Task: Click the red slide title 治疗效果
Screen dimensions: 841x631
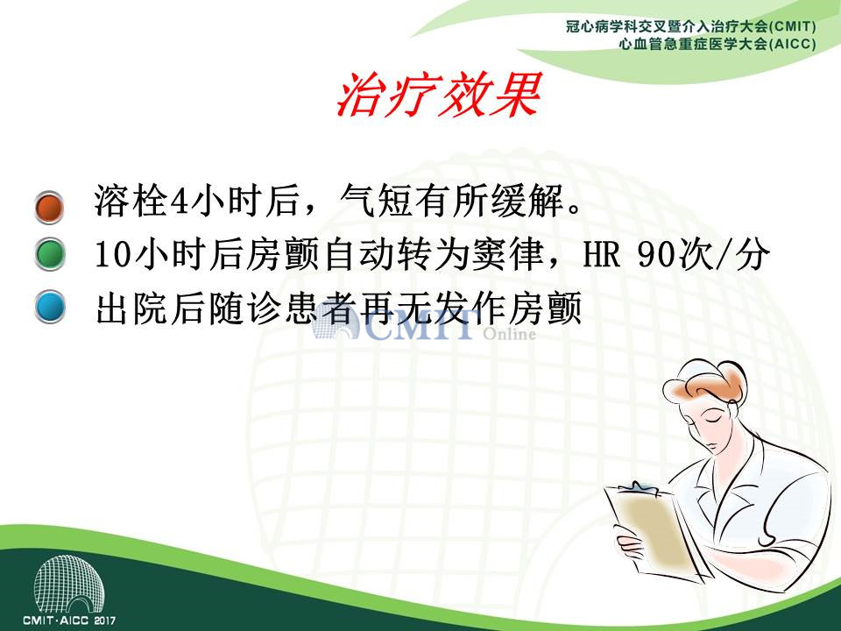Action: pyautogui.click(x=438, y=95)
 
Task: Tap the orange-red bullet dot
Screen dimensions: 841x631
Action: pyautogui.click(x=49, y=207)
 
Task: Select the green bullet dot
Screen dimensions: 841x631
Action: pyautogui.click(x=50, y=254)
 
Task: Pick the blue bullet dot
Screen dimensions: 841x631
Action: pyautogui.click(x=50, y=307)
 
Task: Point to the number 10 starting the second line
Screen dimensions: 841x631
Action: pyautogui.click(x=113, y=255)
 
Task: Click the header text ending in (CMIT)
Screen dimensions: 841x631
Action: pyautogui.click(x=691, y=26)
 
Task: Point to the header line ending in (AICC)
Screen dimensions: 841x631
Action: pyautogui.click(x=717, y=44)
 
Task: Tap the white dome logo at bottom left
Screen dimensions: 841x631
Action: pyautogui.click(x=68, y=585)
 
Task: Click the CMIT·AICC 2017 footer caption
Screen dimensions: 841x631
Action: pyautogui.click(x=69, y=620)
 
